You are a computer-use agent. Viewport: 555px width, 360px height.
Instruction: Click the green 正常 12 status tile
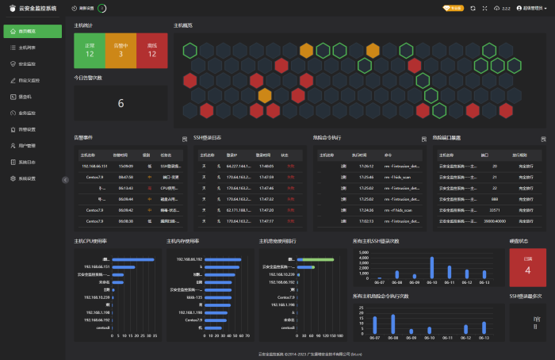(x=90, y=50)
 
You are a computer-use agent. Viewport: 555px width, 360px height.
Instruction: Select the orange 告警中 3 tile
(x=121, y=50)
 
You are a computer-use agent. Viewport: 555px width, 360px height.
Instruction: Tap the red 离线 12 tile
(x=152, y=50)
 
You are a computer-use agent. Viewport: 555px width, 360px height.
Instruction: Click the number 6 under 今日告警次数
(x=121, y=103)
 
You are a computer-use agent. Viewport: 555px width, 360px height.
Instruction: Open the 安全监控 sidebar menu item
(x=27, y=63)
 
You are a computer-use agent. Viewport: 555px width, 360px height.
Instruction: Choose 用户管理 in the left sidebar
(x=27, y=146)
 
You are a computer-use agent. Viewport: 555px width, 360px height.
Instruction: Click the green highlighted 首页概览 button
(x=32, y=31)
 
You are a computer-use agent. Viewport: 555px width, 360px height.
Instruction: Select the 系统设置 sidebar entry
(x=27, y=178)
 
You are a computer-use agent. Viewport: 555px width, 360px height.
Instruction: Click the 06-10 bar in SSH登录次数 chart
(x=432, y=267)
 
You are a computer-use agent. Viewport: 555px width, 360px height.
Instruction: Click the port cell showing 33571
(x=495, y=210)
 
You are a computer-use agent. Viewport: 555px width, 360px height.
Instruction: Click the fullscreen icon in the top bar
(x=484, y=8)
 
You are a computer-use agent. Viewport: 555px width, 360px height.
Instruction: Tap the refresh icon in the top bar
(x=473, y=8)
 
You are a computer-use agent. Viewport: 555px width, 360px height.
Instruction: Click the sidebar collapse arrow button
(x=66, y=180)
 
